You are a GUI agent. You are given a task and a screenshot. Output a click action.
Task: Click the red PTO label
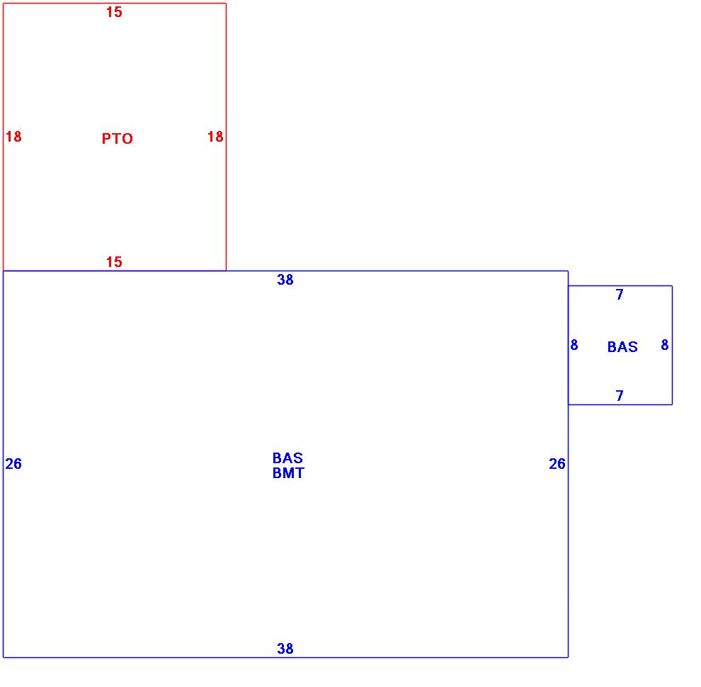point(117,139)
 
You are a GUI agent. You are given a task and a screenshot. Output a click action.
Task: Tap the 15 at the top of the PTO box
point(114,12)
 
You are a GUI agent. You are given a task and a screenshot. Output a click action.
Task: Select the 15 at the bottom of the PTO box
point(114,262)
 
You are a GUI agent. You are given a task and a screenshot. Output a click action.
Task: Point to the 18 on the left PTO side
point(13,137)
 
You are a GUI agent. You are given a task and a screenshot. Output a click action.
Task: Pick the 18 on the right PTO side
point(215,137)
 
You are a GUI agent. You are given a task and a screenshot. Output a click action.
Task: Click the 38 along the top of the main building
point(285,280)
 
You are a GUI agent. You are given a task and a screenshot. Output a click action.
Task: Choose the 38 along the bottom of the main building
point(285,648)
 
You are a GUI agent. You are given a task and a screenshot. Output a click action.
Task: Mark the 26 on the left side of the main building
point(13,464)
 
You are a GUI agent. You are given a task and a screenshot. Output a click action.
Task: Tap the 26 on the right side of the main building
point(557,464)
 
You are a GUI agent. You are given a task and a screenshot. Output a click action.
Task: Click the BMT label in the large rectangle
point(288,473)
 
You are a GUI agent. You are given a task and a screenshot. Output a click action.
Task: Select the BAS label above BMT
point(287,458)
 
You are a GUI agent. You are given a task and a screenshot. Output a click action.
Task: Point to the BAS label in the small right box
point(622,347)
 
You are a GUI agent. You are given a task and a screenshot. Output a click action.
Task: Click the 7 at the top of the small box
point(620,295)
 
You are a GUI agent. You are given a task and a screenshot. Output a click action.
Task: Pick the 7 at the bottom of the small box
point(620,396)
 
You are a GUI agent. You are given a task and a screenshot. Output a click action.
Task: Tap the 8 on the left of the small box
point(574,345)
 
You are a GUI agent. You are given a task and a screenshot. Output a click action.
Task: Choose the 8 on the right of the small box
point(665,345)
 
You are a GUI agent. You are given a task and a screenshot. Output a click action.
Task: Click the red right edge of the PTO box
point(226,198)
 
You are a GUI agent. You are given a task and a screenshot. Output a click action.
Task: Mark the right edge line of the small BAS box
point(672,368)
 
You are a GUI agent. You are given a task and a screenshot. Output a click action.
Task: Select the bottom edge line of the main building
point(425,657)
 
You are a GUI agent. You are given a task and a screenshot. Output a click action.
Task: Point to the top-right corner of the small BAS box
point(672,286)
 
